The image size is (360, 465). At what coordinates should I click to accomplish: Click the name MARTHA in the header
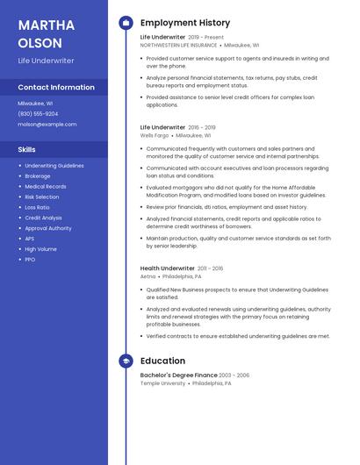(45, 24)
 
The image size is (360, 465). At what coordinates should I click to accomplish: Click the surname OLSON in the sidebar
(40, 42)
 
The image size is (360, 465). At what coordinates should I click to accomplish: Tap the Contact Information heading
(56, 87)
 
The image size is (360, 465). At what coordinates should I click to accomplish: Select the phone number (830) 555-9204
(38, 113)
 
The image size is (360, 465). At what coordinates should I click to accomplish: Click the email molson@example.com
(47, 124)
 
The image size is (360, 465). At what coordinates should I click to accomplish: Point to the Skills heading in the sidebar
(27, 149)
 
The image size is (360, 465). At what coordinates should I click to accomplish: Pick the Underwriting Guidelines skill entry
(54, 165)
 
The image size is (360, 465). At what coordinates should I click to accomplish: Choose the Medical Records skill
(45, 186)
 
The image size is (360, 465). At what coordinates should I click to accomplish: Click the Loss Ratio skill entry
(37, 207)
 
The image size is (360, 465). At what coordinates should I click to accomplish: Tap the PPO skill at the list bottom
(30, 259)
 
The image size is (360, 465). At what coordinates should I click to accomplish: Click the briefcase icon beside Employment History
(126, 23)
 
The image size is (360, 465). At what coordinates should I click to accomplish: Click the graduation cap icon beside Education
(126, 361)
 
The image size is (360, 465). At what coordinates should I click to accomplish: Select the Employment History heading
(184, 23)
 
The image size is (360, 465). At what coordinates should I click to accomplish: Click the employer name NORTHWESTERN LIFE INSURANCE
(178, 45)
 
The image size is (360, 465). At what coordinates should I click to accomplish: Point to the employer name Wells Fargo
(154, 135)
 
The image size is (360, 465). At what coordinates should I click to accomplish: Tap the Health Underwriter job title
(167, 268)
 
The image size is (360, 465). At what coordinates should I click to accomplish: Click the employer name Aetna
(148, 276)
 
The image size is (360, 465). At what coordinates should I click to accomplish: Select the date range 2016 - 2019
(202, 127)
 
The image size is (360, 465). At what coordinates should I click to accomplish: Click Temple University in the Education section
(163, 383)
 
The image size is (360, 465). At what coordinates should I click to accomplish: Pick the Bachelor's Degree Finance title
(178, 375)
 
